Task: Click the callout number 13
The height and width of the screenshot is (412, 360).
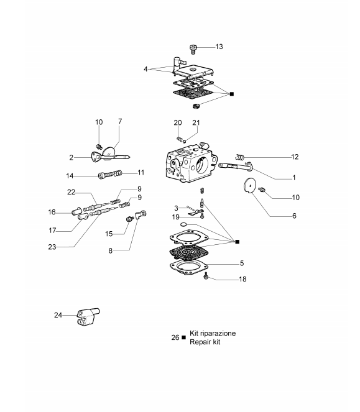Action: tap(219, 47)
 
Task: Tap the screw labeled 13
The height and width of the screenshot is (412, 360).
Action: tap(193, 49)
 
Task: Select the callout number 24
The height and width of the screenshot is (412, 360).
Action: tap(58, 315)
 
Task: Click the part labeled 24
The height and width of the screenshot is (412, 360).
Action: tap(88, 316)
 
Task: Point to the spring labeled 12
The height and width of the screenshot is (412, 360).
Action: tap(239, 157)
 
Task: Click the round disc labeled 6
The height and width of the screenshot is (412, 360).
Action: tap(249, 186)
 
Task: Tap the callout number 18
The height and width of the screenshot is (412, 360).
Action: tap(242, 279)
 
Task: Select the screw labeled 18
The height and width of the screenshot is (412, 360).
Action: tap(206, 276)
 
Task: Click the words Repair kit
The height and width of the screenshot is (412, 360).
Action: tap(205, 342)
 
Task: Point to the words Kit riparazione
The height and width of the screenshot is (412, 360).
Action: tap(213, 333)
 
